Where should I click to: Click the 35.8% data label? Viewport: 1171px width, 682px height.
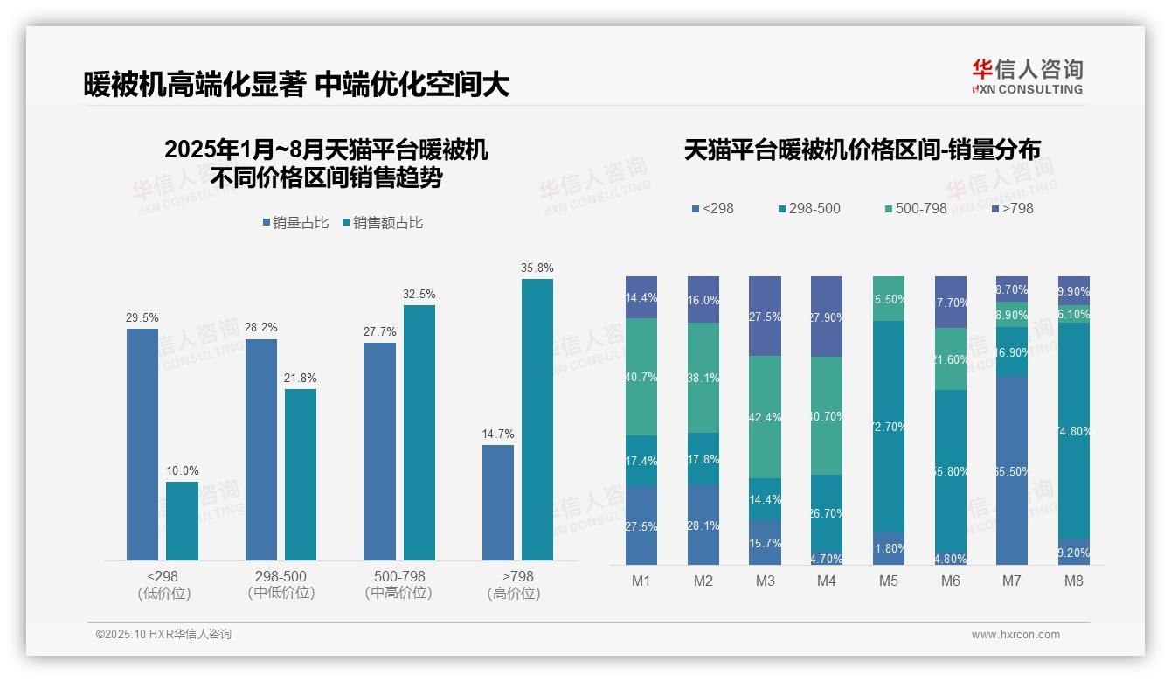point(537,268)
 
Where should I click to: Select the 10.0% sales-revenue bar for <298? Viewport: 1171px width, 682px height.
point(182,521)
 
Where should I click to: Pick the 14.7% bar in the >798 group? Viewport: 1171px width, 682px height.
point(498,503)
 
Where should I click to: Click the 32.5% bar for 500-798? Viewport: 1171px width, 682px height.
point(419,433)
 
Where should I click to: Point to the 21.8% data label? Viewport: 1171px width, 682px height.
point(301,378)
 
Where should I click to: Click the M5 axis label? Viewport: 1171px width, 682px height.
point(889,581)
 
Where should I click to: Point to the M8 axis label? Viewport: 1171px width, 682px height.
point(1074,581)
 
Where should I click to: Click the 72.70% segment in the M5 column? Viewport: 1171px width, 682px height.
point(889,427)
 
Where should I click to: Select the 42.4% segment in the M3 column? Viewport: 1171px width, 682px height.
point(765,417)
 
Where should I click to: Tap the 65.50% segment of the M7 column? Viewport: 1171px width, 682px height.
point(1012,470)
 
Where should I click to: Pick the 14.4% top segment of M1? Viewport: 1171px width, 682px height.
point(641,297)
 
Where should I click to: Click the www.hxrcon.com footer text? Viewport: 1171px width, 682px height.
point(1015,635)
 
